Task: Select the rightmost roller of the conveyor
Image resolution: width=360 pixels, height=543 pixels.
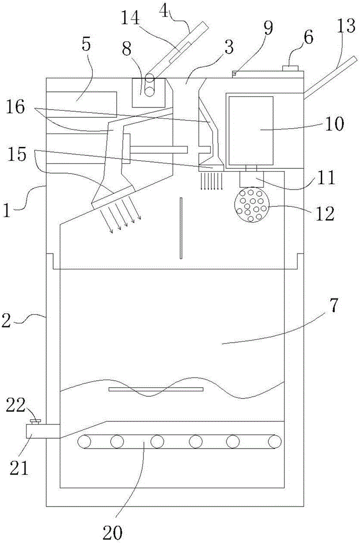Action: (x=275, y=441)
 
